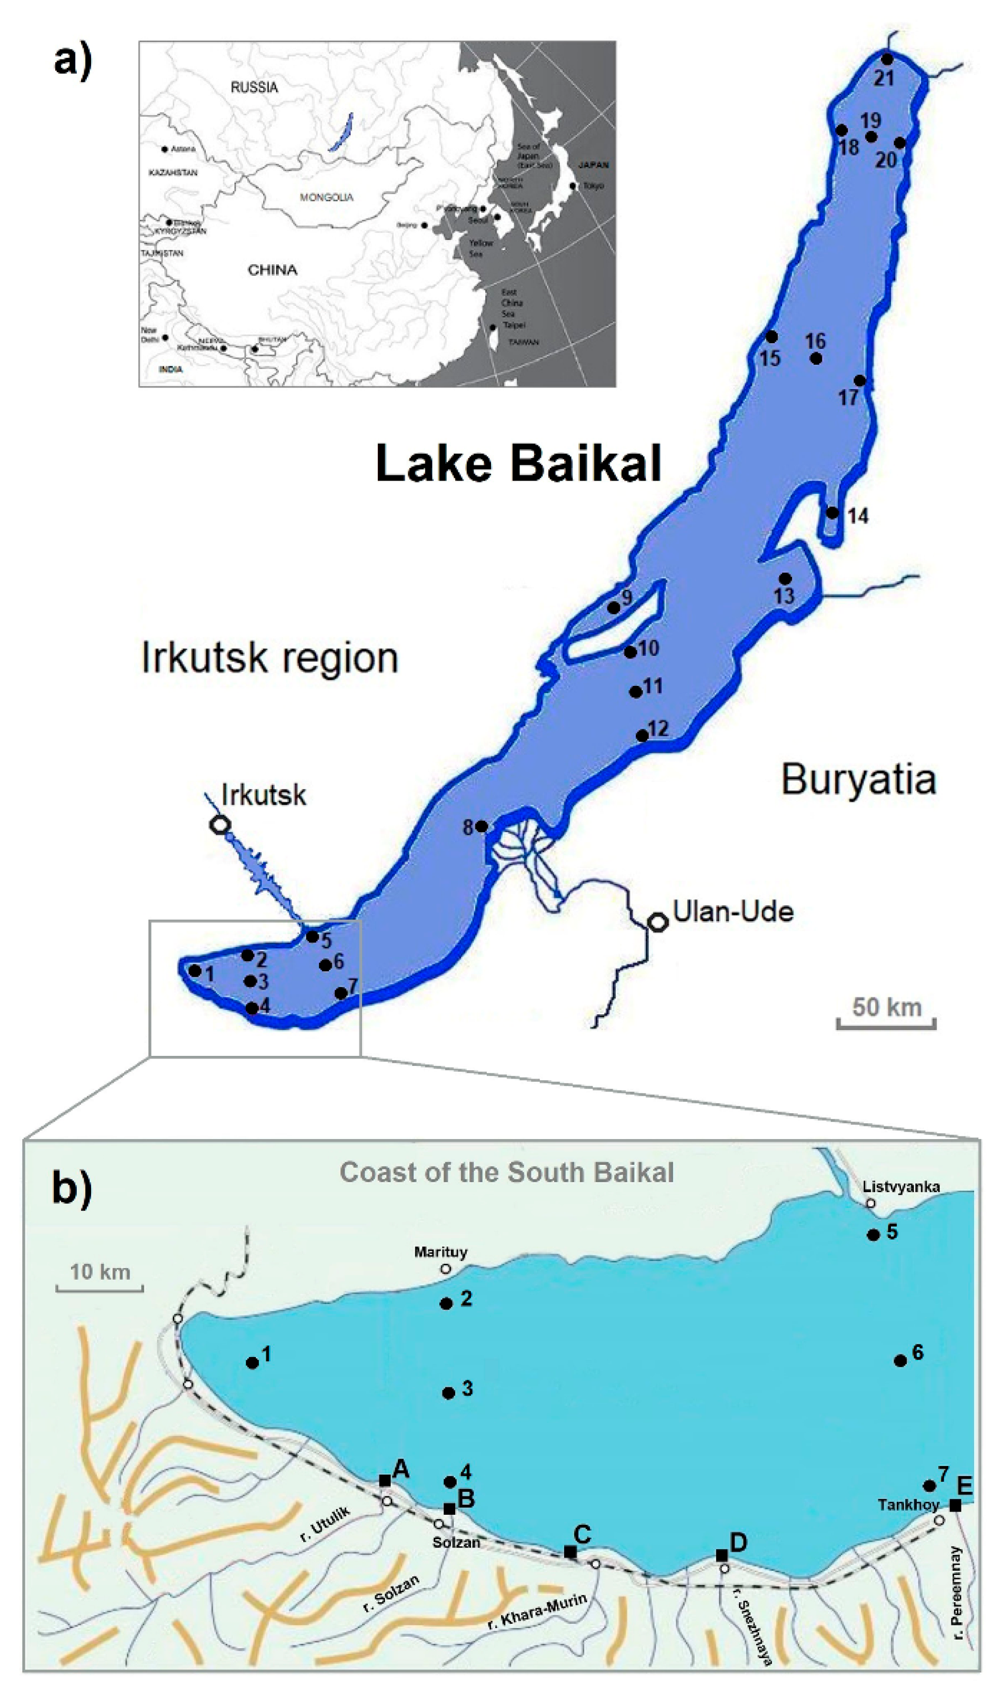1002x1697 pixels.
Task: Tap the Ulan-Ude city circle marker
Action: (x=658, y=922)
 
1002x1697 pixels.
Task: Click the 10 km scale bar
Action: (x=99, y=1289)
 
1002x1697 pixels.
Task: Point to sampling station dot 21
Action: (x=887, y=59)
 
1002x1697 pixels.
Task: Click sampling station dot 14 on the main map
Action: (x=833, y=513)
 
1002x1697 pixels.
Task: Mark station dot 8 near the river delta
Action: (x=482, y=826)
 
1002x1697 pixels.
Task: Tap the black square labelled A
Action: (x=385, y=1481)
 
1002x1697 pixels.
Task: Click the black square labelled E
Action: (x=955, y=1505)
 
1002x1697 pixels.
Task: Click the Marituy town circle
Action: (x=446, y=1269)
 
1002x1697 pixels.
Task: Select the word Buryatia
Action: (x=859, y=778)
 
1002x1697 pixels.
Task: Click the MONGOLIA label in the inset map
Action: (x=327, y=197)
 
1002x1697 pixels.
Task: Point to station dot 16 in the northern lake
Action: (x=816, y=358)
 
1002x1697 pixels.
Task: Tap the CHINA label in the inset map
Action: (x=272, y=270)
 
